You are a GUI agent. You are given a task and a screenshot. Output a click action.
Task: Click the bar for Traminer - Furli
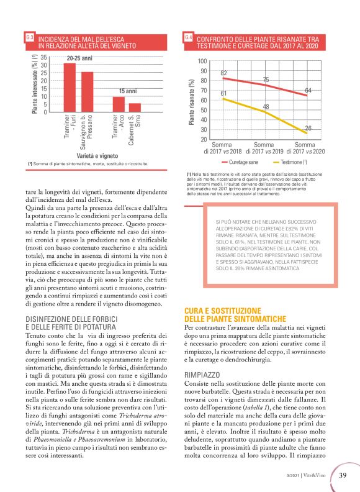click(70, 88)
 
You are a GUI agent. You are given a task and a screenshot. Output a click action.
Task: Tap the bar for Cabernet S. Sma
click(135, 107)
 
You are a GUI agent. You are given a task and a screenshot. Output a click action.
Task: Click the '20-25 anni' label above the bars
click(79, 58)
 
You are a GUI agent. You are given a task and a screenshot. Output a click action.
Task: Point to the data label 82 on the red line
click(223, 73)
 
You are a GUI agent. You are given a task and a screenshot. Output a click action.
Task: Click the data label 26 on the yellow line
click(308, 128)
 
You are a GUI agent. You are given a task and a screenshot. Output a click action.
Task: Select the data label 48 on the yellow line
click(266, 107)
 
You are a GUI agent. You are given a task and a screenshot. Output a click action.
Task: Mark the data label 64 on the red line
click(308, 91)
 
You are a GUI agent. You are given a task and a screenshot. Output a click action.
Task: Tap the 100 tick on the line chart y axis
click(202, 61)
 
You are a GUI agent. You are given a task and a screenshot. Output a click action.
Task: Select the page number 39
click(343, 475)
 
